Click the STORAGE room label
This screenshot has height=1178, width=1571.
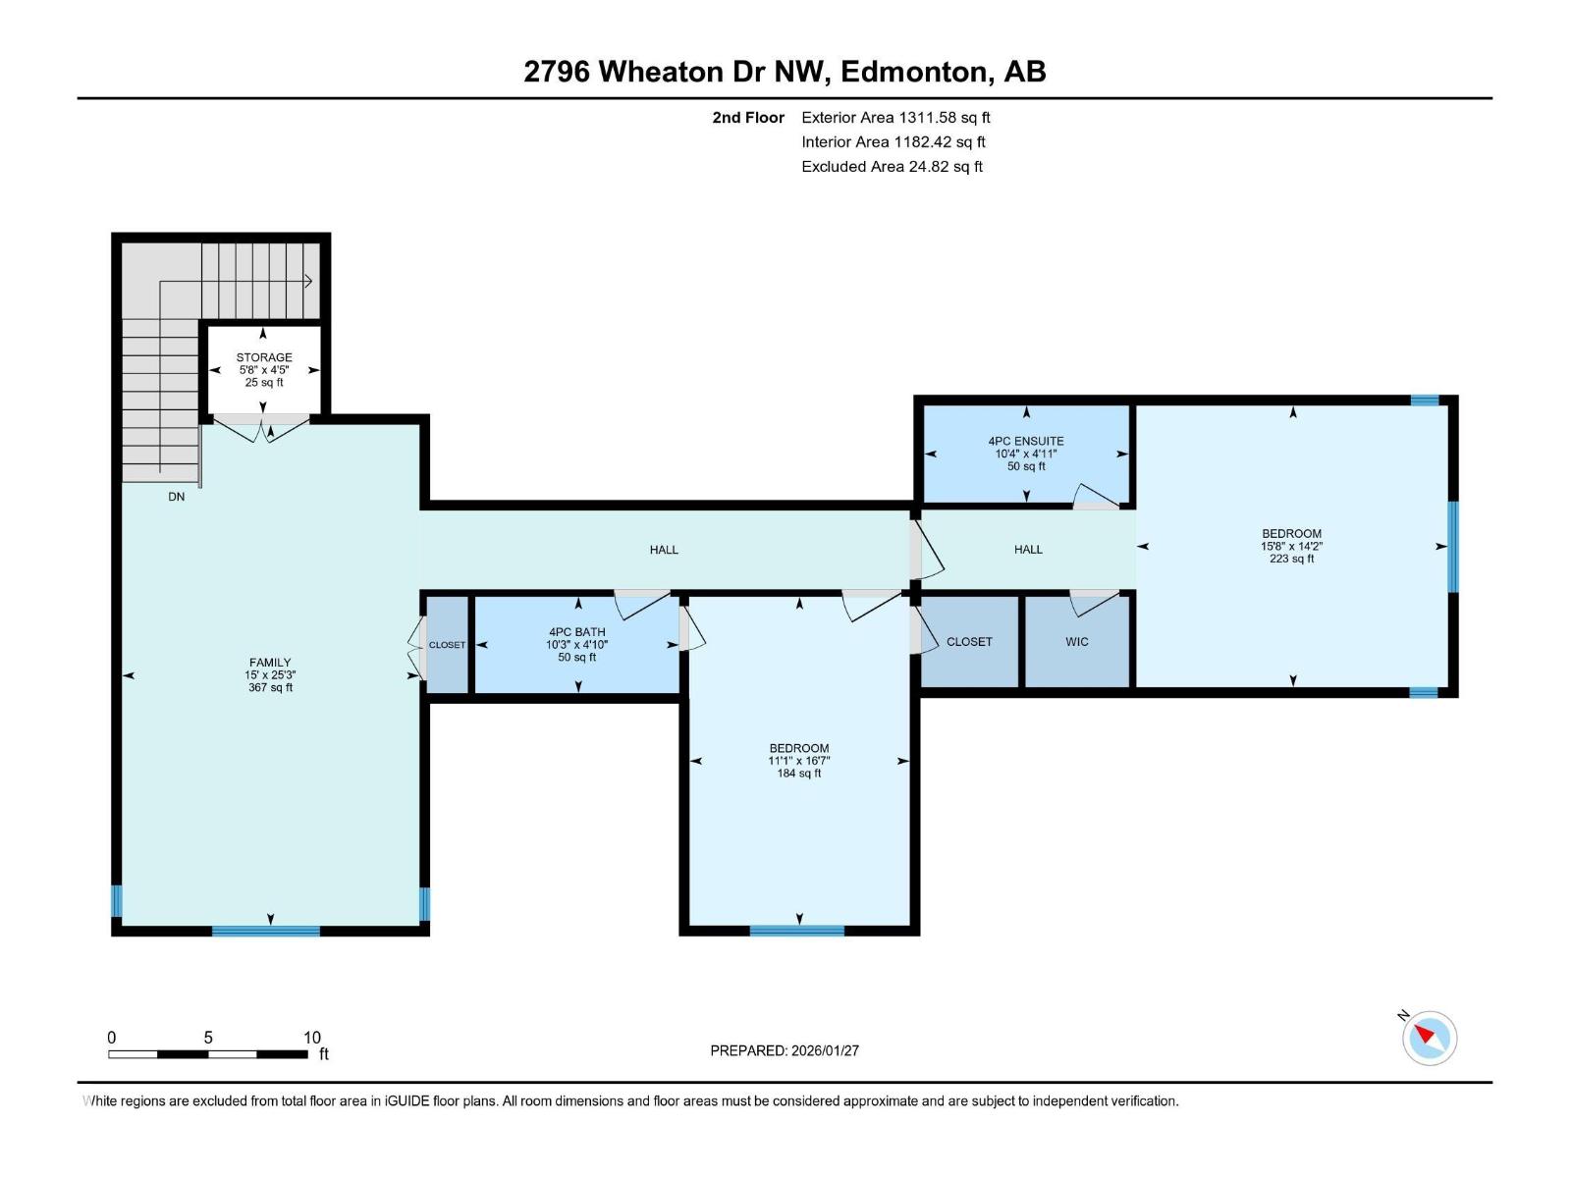263,357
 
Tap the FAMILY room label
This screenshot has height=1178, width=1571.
270,663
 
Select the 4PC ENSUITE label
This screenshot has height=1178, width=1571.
1026,441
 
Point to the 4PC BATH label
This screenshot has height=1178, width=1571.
577,632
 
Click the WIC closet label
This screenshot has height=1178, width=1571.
1077,641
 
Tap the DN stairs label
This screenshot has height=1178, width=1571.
176,497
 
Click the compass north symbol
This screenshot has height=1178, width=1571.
1430,1037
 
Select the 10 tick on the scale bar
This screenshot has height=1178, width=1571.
311,1038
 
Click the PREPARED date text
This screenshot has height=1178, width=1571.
785,1050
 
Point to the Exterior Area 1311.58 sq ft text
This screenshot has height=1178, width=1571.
895,118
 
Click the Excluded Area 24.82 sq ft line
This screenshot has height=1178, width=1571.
892,167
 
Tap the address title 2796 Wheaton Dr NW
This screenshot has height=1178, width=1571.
785,72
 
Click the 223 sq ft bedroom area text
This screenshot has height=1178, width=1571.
1291,559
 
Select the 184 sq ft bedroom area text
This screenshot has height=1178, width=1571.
798,774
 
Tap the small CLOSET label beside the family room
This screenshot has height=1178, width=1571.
447,645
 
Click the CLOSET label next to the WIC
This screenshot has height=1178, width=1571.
969,641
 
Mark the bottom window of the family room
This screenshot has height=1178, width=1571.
266,931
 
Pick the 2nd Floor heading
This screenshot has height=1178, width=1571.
748,118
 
